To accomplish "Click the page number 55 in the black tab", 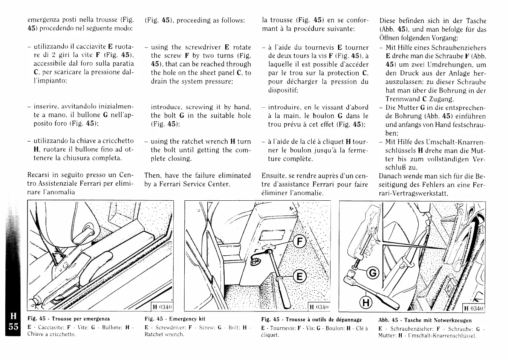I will click(x=13, y=326).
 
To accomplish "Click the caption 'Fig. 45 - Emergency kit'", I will click(x=175, y=319).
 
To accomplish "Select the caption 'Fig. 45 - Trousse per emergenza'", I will click(x=69, y=319).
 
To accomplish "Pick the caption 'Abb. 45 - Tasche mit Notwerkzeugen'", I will click(x=425, y=320).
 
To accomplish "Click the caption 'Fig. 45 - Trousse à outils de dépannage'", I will click(x=311, y=319).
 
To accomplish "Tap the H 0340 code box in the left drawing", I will click(x=162, y=307).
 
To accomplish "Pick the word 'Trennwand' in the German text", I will click(x=403, y=99).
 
